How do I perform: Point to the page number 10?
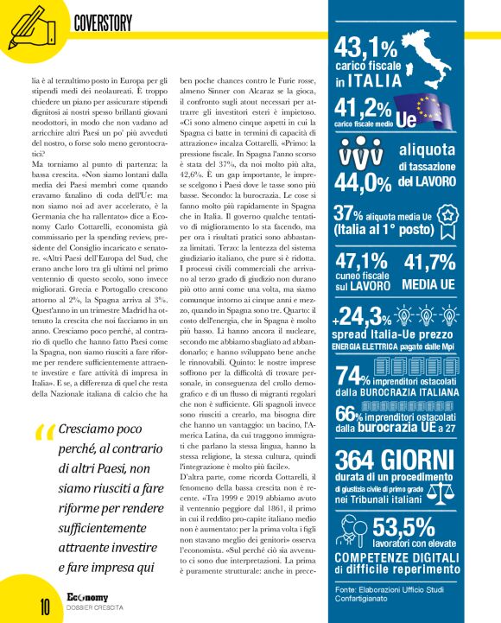(x=20, y=605)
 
